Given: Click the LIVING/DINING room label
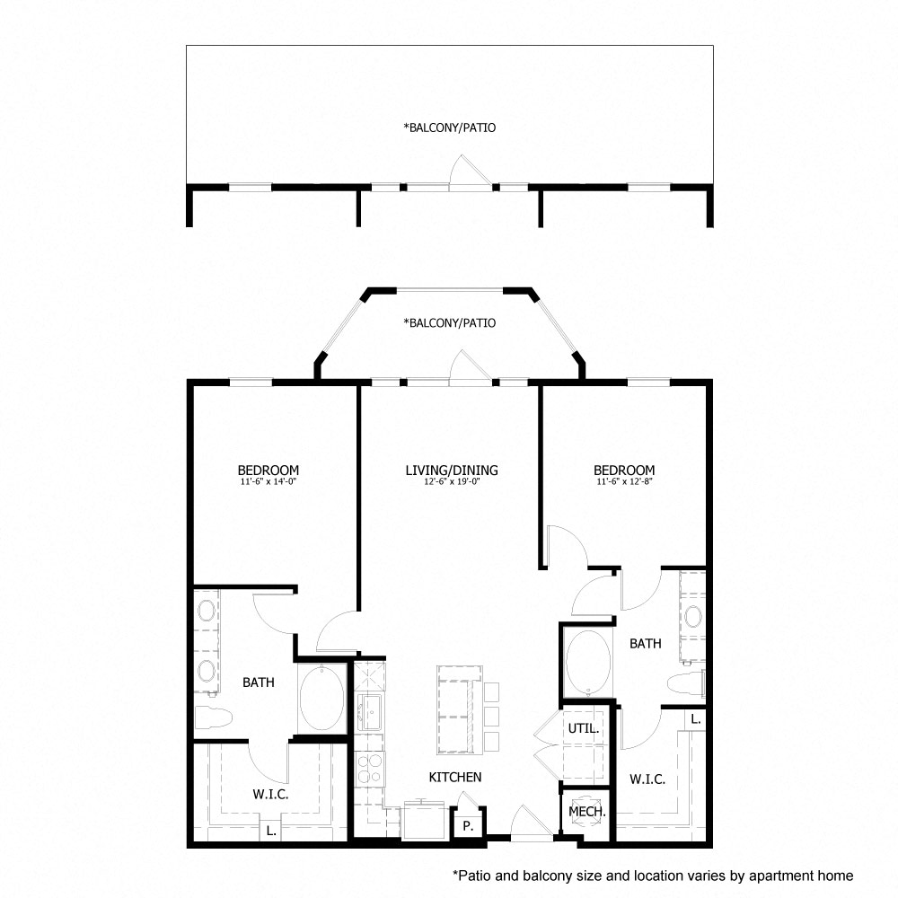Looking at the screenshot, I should click(451, 470).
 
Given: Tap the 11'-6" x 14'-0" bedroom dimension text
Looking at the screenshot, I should click(268, 481).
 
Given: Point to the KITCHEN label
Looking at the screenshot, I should click(454, 777).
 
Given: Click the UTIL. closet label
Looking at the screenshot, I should click(585, 730).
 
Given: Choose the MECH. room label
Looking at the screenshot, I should click(587, 811).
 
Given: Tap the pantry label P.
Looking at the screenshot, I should click(468, 825).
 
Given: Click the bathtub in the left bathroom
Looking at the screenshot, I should click(321, 698).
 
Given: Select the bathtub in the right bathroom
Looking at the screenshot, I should click(588, 663).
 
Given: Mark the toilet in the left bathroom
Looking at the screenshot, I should click(213, 718).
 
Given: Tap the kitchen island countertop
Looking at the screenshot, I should click(458, 709).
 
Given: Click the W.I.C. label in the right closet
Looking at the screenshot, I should click(647, 779).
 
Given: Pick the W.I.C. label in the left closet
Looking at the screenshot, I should click(270, 794).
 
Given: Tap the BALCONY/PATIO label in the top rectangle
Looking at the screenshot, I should click(450, 128).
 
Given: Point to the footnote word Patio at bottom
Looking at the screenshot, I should click(473, 875).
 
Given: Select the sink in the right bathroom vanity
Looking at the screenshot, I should click(692, 617).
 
